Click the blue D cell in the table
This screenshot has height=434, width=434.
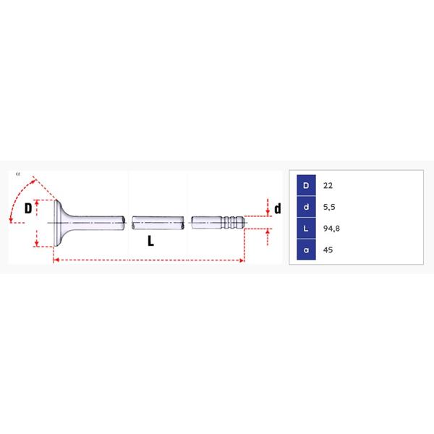[x=306, y=185]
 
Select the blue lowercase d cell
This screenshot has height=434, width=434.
[x=306, y=207]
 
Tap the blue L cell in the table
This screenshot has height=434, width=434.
[x=306, y=228]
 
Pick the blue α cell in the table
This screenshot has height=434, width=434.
[x=306, y=250]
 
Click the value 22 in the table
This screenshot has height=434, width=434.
[x=328, y=185]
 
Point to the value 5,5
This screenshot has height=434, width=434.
[x=329, y=207]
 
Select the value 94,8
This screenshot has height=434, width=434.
[x=331, y=229]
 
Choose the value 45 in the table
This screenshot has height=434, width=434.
[x=328, y=250]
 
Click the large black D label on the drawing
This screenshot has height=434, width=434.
[x=28, y=208]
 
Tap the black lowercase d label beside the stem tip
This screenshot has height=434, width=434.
[x=277, y=208]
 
